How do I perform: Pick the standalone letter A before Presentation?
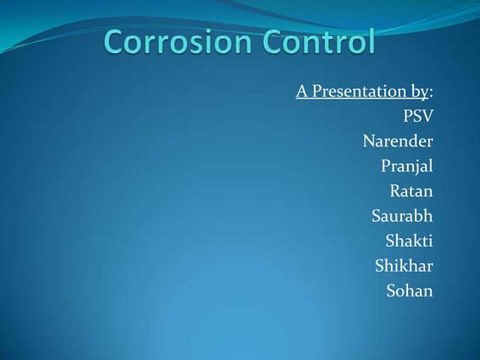[x=302, y=91]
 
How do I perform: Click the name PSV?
[x=417, y=116]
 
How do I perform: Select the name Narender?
[x=398, y=141]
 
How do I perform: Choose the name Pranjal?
[x=406, y=165]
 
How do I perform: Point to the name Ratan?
[x=411, y=190]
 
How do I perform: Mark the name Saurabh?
[x=402, y=215]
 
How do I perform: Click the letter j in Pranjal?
[x=418, y=167]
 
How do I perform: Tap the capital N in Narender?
[x=369, y=141]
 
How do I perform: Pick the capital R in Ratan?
[x=395, y=190]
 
